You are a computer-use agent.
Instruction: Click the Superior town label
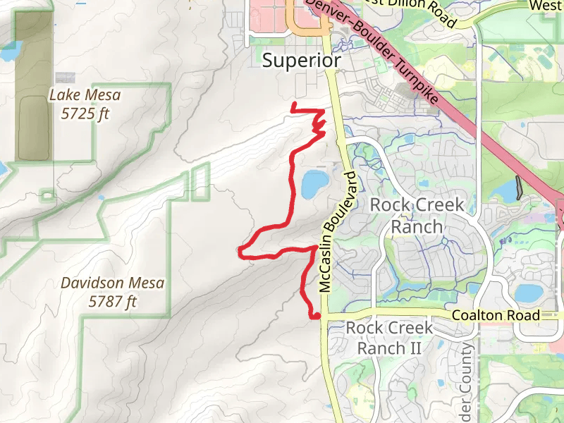click(301, 61)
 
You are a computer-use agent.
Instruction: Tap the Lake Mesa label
click(85, 94)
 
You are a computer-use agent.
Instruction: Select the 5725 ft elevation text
click(85, 114)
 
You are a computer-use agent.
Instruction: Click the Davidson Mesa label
click(112, 283)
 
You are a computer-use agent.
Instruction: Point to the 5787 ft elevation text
click(112, 302)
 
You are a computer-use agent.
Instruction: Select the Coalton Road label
click(496, 315)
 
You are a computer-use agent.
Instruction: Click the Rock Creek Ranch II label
click(385, 338)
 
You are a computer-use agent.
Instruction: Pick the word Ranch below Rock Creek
click(417, 226)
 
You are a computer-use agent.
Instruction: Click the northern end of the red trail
click(293, 104)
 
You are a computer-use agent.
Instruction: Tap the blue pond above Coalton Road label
click(527, 292)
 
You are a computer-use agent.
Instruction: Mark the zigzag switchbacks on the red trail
click(319, 125)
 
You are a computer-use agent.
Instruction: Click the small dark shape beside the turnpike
click(520, 186)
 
